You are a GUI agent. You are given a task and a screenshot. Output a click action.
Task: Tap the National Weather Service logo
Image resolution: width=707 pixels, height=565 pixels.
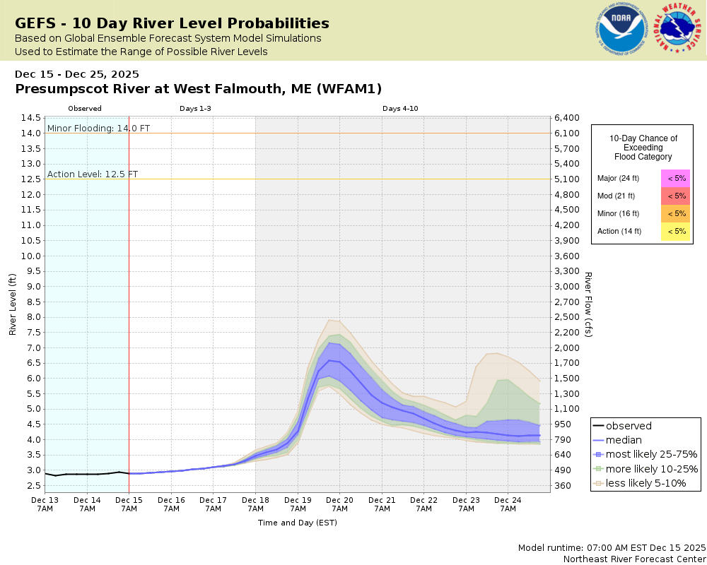[679, 29]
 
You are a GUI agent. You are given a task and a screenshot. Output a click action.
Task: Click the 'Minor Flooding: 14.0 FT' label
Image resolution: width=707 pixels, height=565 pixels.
[98, 128]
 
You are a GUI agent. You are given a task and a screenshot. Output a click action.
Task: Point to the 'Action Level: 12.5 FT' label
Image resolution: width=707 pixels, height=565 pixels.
[93, 174]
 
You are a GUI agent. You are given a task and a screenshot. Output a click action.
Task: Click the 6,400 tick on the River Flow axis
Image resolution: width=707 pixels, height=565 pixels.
[568, 118]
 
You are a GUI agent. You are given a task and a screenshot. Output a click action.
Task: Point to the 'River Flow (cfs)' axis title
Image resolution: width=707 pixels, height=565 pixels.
[588, 304]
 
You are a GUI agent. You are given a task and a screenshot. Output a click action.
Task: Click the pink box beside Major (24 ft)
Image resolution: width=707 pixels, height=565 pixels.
[675, 178]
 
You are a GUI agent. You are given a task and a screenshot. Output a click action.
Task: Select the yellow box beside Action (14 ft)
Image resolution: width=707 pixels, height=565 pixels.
[675, 231]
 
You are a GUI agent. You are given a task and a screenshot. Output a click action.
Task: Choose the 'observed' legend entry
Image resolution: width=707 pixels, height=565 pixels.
[629, 426]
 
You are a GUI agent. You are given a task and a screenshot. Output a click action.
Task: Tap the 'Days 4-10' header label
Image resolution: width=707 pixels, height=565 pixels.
[401, 109]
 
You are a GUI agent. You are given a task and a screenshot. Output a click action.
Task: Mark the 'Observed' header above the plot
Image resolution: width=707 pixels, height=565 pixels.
[85, 109]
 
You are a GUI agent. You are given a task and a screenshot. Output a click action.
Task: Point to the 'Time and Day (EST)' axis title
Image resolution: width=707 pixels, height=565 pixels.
[297, 523]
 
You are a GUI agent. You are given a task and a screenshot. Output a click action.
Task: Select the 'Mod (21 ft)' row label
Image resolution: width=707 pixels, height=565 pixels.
[617, 196]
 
